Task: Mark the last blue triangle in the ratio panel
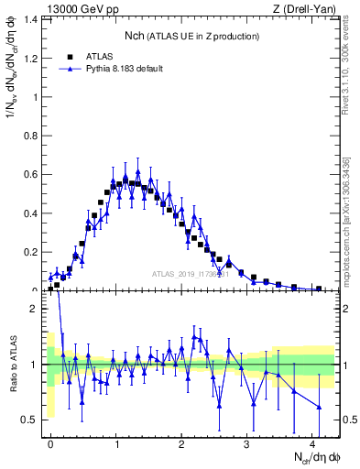click(319, 407)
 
